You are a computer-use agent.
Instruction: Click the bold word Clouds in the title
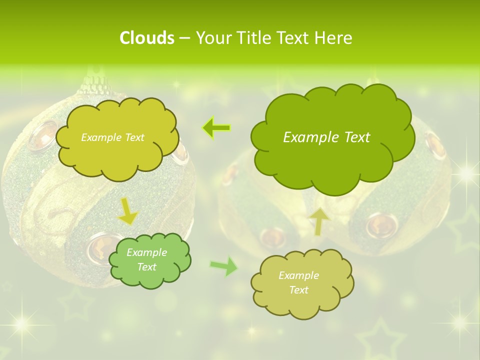[x=146, y=38]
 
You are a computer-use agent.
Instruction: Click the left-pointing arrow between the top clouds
[x=216, y=128]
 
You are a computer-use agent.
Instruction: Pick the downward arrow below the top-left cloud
[x=127, y=211]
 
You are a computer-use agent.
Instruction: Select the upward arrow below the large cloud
[x=319, y=220]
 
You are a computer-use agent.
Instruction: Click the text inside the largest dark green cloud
[x=326, y=137]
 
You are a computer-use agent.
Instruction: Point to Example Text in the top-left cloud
[x=112, y=137]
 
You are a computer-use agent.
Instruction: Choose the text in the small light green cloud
[x=146, y=259]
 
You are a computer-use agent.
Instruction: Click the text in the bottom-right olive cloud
[x=298, y=282]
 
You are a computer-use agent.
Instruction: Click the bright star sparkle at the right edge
[x=466, y=172]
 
